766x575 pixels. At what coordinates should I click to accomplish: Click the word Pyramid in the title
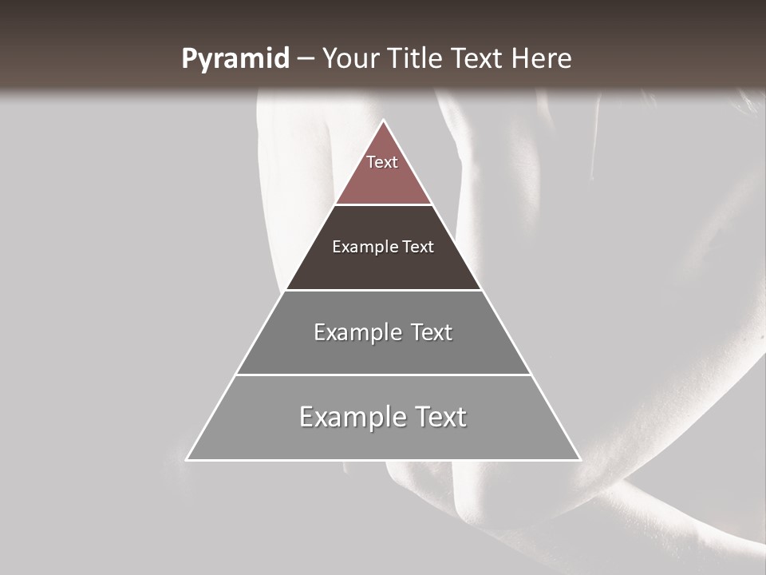click(235, 59)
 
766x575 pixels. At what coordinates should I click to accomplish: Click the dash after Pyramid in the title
click(305, 59)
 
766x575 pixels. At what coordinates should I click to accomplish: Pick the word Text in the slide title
click(479, 58)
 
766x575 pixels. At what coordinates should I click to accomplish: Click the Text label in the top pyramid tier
click(382, 162)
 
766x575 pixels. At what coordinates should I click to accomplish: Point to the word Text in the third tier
click(432, 332)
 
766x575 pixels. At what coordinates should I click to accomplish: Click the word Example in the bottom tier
click(352, 417)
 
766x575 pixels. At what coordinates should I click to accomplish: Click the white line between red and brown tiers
click(383, 204)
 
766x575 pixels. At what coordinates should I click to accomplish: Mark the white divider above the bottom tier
click(383, 375)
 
